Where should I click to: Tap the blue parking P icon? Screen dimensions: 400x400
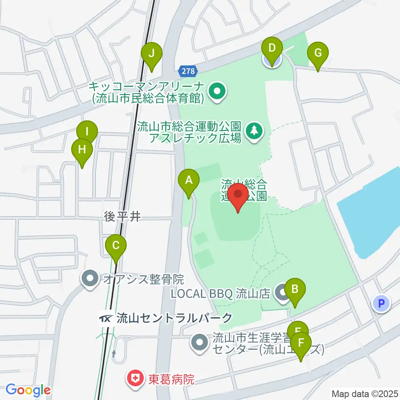[381, 303]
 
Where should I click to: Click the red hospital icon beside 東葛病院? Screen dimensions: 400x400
[135, 379]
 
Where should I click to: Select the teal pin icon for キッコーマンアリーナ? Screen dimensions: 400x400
[217, 92]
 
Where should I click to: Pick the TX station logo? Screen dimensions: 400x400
[105, 319]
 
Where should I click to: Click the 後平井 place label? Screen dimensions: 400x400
[121, 216]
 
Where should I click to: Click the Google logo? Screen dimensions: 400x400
[27, 390]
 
